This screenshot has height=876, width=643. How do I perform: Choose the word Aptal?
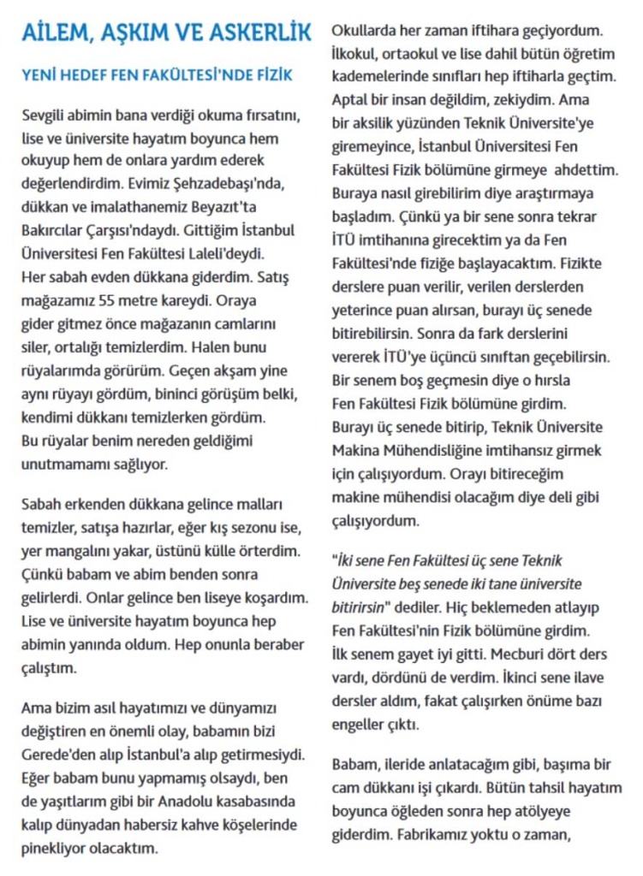coord(349,99)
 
